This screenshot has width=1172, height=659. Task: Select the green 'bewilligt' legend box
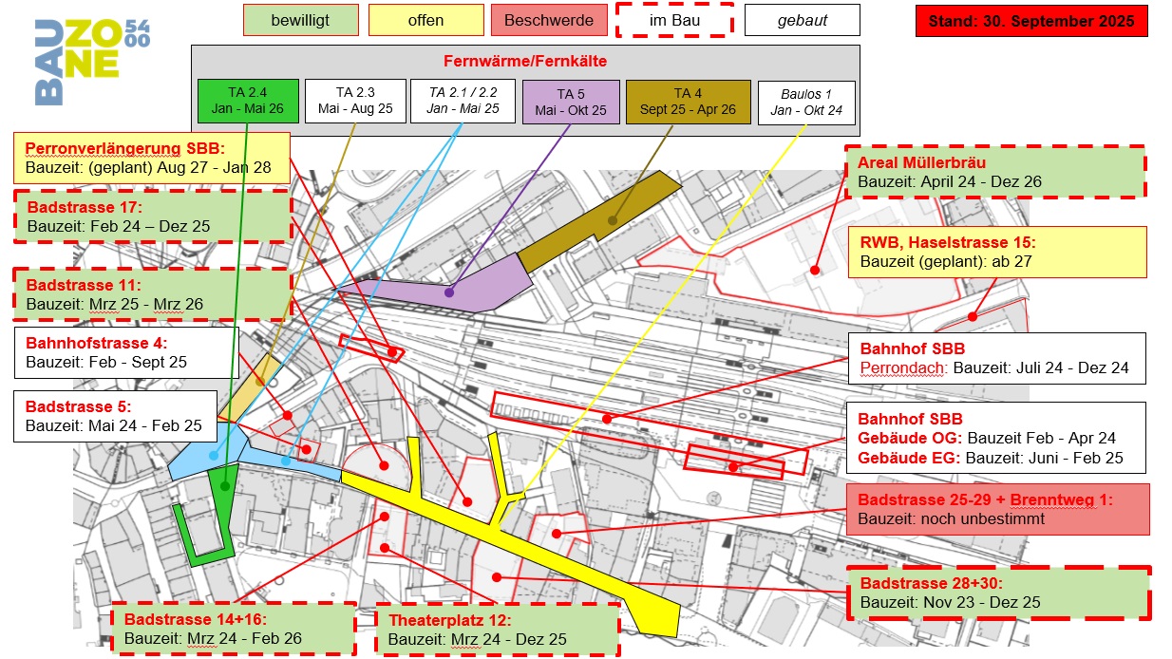[300, 20]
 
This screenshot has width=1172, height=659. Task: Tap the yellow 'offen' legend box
[425, 20]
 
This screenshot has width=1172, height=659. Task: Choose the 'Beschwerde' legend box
[549, 20]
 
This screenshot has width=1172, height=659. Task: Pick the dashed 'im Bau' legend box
[674, 20]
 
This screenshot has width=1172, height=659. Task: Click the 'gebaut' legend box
[802, 20]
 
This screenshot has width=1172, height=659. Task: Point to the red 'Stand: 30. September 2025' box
[1030, 21]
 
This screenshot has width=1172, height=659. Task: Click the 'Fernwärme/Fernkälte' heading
[524, 61]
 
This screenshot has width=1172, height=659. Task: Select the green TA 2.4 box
[248, 101]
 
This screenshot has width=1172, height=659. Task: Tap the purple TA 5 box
[571, 102]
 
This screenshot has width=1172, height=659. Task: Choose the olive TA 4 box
[682, 102]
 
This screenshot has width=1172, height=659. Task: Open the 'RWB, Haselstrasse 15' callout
[996, 252]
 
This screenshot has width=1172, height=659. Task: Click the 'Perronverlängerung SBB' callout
[152, 158]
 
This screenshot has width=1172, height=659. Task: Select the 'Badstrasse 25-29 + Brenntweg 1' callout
[996, 509]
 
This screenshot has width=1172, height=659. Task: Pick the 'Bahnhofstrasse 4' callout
[124, 352]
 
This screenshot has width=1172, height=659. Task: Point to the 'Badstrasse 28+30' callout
[997, 593]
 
